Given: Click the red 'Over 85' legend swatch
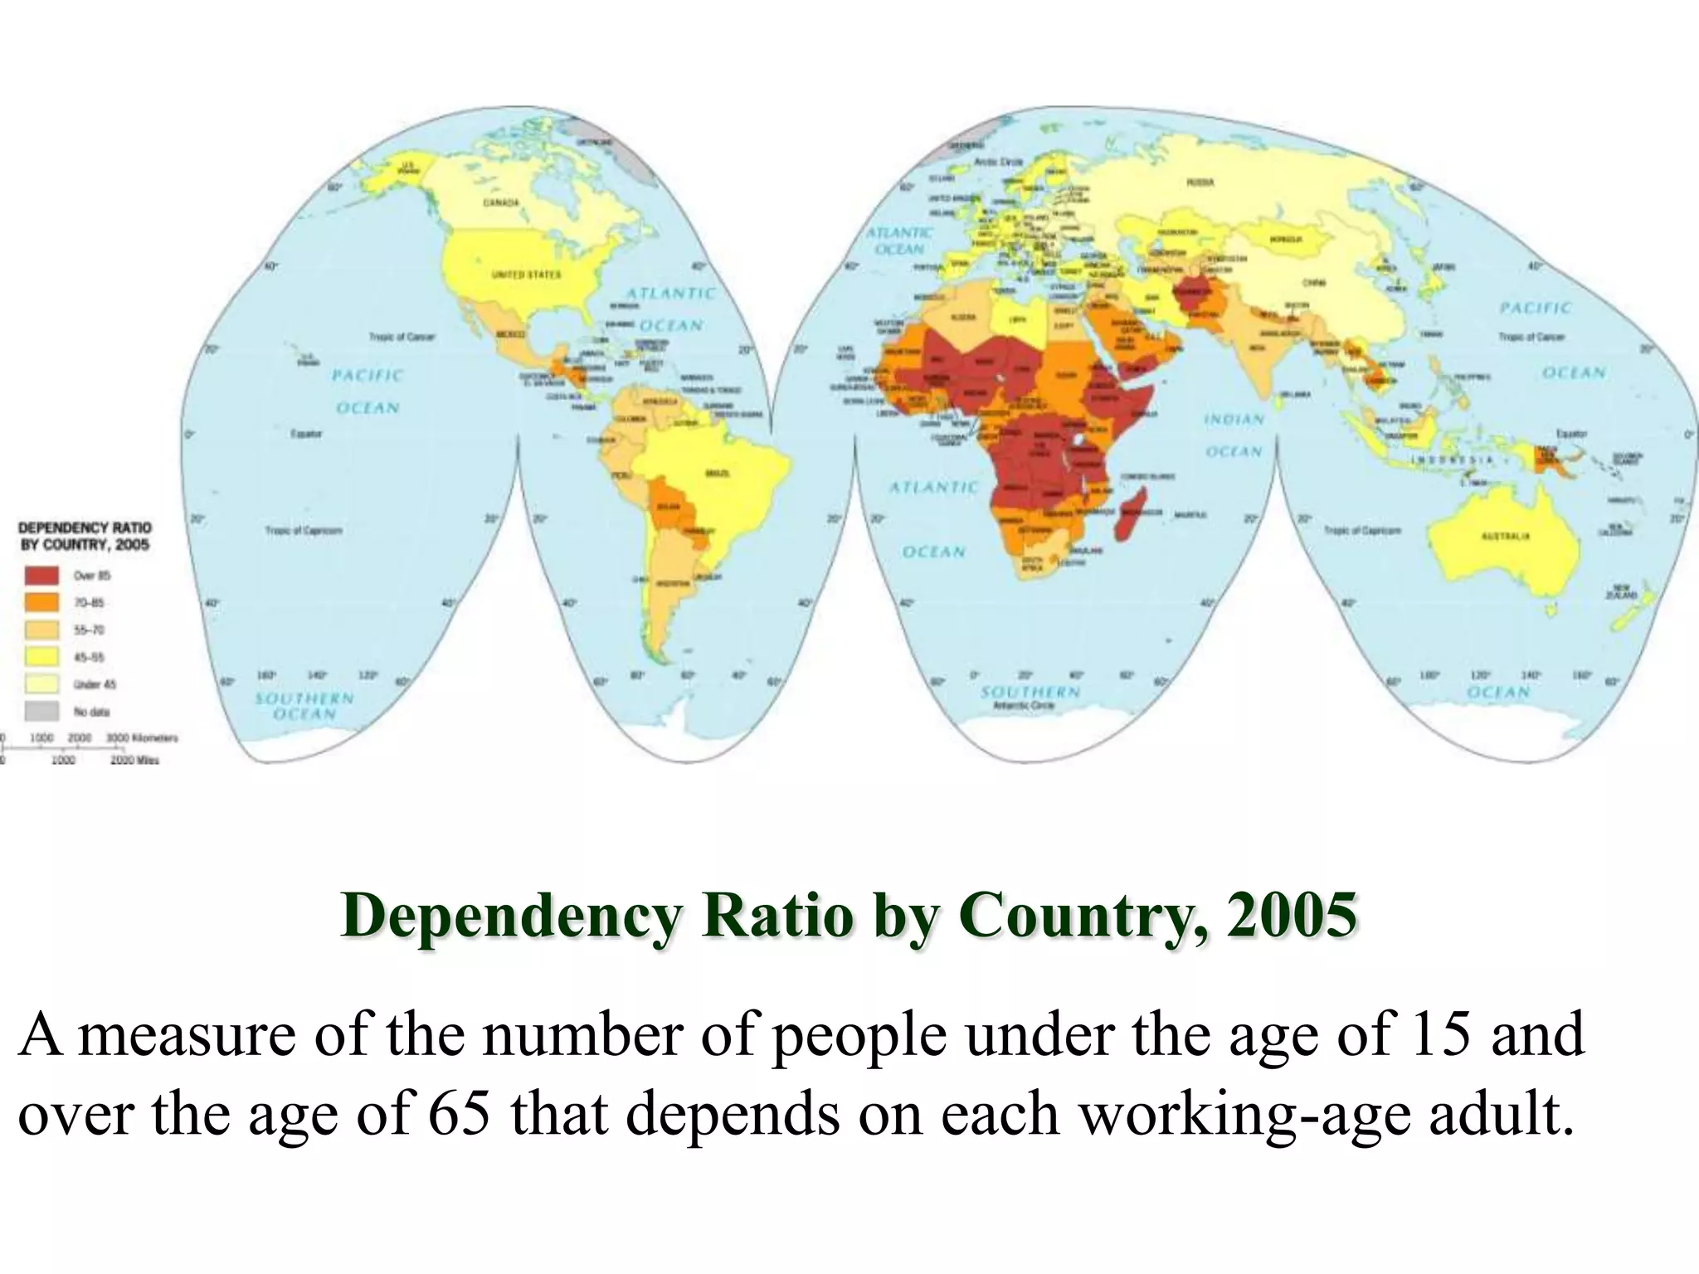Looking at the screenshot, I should click(41, 575).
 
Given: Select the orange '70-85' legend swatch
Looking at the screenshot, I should click(41, 602).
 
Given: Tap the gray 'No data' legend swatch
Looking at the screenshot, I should click(41, 711).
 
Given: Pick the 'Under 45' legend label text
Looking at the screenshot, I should click(95, 684).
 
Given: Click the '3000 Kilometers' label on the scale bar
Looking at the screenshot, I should click(141, 737).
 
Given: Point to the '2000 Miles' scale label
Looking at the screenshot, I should click(134, 760).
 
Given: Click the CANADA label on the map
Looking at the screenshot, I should click(501, 203).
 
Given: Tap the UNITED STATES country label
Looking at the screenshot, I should click(526, 275).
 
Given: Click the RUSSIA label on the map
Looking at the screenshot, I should click(1200, 182).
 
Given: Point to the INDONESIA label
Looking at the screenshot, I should click(1453, 460).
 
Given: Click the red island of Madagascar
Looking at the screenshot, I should click(1132, 514).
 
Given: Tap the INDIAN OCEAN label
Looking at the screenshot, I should click(1234, 435).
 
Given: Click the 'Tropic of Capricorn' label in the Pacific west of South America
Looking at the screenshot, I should click(303, 530).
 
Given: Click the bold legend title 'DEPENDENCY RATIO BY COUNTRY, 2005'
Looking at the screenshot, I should click(85, 536).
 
